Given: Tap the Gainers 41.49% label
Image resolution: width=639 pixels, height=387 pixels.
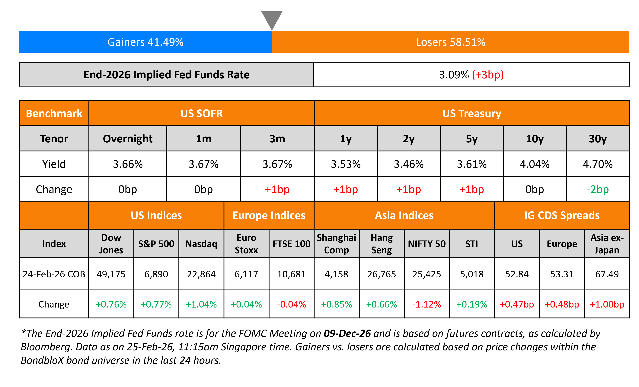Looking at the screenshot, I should (145, 42).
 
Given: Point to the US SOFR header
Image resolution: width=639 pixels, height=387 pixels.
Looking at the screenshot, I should (202, 113).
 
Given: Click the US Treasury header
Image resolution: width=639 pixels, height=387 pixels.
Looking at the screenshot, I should (471, 113).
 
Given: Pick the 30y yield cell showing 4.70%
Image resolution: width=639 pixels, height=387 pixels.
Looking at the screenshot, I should (598, 164).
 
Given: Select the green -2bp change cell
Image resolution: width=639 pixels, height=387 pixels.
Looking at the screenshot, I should (598, 189).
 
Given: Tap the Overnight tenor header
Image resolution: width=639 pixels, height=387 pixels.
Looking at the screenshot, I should (128, 139).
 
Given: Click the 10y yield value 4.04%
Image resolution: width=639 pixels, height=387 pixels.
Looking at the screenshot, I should (535, 164).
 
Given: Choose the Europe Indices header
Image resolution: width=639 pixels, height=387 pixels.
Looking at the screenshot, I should (269, 215).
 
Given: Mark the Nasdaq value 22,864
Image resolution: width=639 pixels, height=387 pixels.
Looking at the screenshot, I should (201, 274).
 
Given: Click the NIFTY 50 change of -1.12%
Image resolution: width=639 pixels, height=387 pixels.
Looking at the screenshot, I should (427, 304).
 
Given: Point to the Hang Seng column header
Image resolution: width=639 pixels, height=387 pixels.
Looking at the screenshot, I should (382, 244).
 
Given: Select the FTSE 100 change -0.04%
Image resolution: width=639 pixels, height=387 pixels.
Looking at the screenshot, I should (292, 304).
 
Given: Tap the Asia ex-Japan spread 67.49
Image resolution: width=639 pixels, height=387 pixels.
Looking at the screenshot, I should (607, 274).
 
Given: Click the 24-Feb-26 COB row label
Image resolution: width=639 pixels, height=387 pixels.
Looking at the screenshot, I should (54, 274).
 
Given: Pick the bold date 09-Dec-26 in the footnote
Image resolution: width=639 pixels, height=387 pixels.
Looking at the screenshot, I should (347, 334).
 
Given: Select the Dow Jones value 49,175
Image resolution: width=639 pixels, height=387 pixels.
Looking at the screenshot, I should (111, 274).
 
